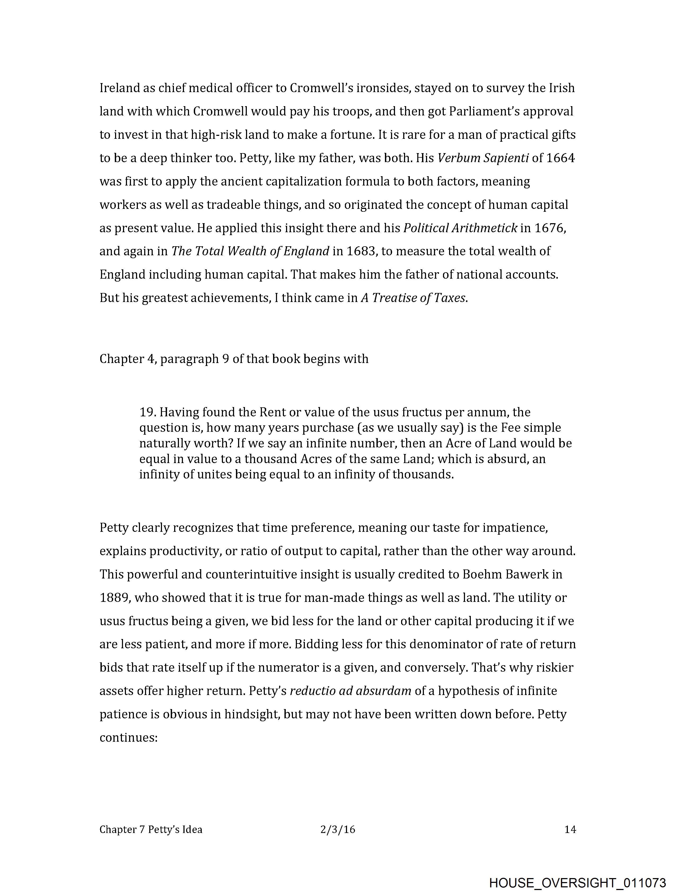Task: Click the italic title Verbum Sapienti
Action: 483,158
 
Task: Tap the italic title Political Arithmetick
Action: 460,228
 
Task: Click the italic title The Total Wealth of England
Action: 250,251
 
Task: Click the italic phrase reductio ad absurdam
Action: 350,691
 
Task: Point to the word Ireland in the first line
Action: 120,88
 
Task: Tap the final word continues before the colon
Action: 127,738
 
